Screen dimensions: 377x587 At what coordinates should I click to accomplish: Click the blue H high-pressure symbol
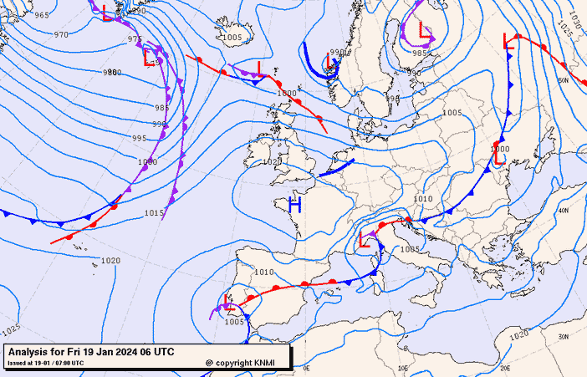294,203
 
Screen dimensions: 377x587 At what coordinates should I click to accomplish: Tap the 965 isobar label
41,15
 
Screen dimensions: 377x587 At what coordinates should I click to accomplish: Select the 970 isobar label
61,34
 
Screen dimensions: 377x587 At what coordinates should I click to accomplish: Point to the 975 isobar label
135,39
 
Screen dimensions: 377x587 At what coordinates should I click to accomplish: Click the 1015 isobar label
154,213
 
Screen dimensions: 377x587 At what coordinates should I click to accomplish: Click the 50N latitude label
563,80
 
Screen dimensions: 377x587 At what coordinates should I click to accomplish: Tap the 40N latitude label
563,211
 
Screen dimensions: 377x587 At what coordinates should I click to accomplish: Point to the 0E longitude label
306,367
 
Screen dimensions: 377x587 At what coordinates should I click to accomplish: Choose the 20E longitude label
505,367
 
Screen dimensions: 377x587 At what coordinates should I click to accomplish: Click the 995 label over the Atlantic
139,138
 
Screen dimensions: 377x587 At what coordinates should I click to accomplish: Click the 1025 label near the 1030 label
565,32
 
